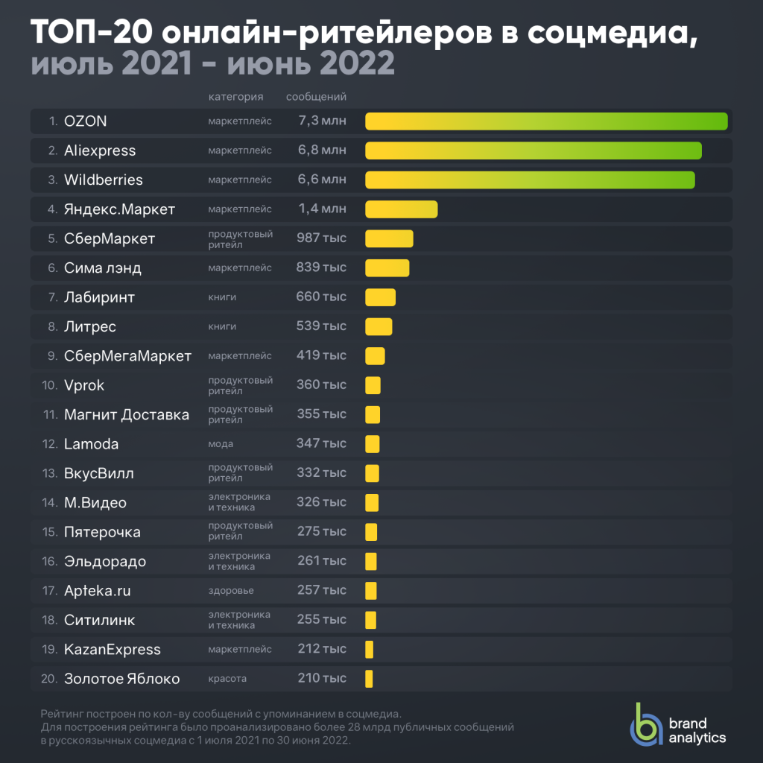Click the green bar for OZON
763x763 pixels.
click(545, 121)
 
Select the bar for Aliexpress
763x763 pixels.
click(533, 151)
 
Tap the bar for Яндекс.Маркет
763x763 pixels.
click(401, 209)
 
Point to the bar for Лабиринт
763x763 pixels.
click(380, 297)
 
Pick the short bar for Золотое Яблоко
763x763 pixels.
click(369, 679)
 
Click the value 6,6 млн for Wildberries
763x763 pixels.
click(322, 180)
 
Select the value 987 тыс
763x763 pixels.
click(322, 238)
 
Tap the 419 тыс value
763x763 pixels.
click(322, 355)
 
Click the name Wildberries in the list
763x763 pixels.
click(103, 180)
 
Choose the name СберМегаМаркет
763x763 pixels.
click(127, 355)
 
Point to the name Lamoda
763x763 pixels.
click(91, 444)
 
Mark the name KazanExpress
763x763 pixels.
click(112, 650)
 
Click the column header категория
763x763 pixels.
click(235, 97)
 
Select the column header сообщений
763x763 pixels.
click(316, 97)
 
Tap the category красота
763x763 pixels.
click(227, 679)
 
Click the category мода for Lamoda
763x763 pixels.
click(221, 444)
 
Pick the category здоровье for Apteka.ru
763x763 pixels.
click(231, 591)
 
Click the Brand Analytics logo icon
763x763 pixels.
click(645, 724)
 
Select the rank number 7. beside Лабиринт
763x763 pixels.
click(53, 297)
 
